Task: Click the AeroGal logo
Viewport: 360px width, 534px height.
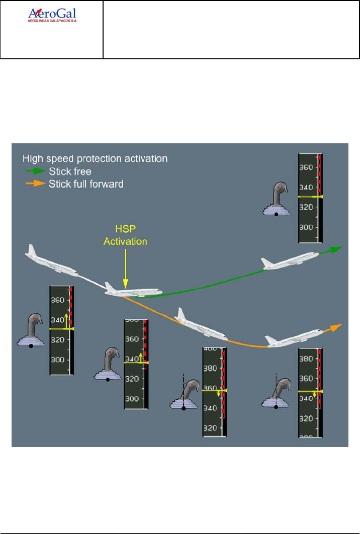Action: click(55, 14)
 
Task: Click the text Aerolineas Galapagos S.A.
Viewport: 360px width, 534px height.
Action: click(55, 22)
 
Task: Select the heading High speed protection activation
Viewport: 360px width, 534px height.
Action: click(95, 158)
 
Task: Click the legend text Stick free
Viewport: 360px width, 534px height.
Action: click(70, 171)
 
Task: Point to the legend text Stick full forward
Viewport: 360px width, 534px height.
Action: click(86, 184)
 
